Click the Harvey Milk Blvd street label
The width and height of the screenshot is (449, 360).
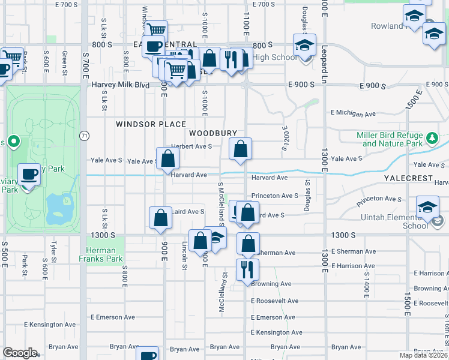point(120,85)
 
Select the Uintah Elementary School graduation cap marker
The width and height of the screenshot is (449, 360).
point(427,208)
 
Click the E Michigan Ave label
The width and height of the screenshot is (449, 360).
point(353,113)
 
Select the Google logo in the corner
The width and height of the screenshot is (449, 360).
point(20,353)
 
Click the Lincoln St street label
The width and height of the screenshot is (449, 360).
point(185,253)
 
